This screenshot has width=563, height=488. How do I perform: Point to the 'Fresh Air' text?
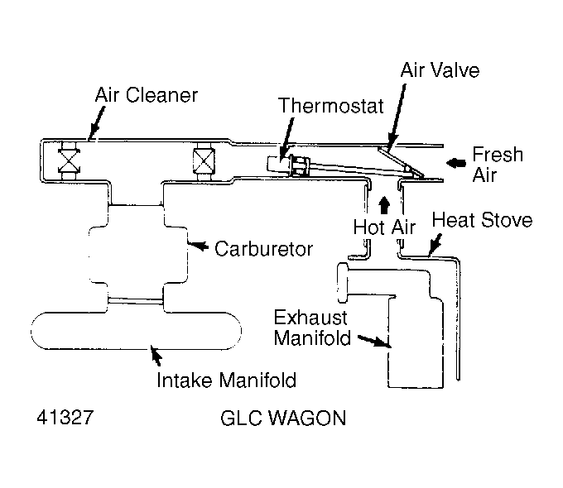click(497, 165)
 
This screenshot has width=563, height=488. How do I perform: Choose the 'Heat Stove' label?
click(482, 221)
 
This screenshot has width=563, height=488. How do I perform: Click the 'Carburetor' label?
click(264, 248)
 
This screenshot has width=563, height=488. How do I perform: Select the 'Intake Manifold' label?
click(227, 380)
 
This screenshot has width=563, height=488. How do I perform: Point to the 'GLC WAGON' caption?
click(282, 418)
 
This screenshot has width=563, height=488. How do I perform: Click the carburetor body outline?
click(136, 248)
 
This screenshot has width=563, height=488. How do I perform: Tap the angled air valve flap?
click(395, 161)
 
